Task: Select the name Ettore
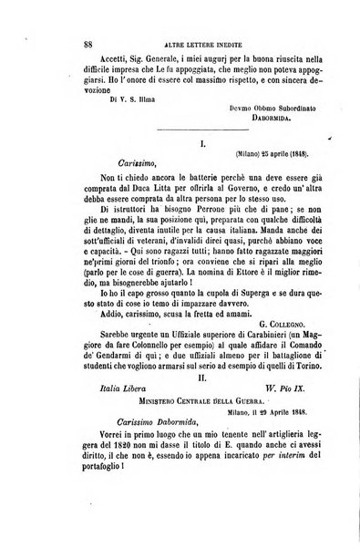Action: [228, 315]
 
